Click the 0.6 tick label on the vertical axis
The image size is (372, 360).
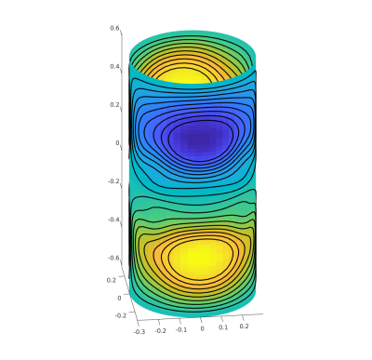[x=114, y=28]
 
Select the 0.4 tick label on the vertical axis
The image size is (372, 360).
[x=114, y=67]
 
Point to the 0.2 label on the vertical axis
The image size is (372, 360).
[x=114, y=105]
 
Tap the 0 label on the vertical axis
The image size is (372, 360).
[x=117, y=143]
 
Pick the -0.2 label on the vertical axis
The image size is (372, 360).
[x=113, y=181]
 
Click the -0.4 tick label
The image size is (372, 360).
[x=113, y=220]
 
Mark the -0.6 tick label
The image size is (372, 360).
[x=113, y=258]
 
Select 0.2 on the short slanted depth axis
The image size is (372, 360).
[x=112, y=280]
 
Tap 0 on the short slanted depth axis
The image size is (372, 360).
[x=119, y=298]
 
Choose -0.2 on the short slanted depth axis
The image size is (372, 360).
[x=121, y=315]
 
